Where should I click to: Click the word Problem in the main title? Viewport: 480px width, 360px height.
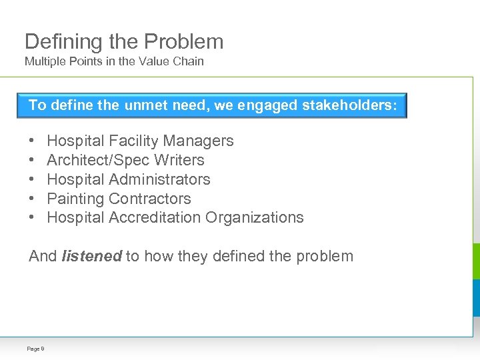click(x=183, y=41)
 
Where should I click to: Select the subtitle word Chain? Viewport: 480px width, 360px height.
click(x=190, y=61)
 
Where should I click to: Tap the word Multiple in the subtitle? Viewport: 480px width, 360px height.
click(x=42, y=61)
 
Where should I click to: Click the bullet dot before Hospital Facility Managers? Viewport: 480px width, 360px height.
click(x=32, y=141)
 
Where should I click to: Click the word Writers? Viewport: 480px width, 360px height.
click(x=179, y=160)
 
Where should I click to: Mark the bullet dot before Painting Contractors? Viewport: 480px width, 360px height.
click(x=32, y=199)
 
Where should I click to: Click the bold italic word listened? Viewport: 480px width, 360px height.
click(x=91, y=256)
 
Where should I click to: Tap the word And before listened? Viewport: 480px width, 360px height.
click(x=43, y=256)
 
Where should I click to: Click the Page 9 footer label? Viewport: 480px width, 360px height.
click(x=35, y=349)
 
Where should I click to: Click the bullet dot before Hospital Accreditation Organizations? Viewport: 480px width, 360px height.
click(x=32, y=217)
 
